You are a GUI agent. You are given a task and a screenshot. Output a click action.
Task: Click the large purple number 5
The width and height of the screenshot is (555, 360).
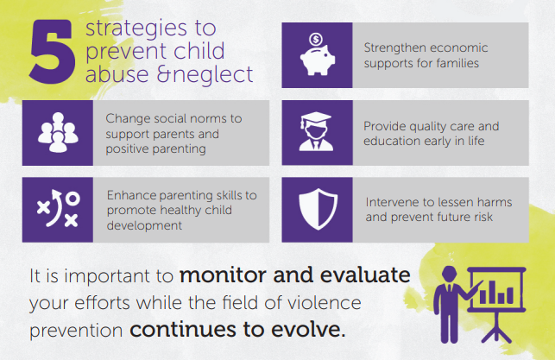53,52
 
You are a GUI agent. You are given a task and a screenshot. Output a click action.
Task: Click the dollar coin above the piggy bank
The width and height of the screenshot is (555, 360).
316,39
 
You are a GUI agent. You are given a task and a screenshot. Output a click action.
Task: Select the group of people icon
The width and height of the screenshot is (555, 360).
58,133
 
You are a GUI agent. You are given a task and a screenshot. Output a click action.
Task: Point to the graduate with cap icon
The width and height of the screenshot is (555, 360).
316,132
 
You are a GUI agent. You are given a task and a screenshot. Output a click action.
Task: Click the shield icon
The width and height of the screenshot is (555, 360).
318,209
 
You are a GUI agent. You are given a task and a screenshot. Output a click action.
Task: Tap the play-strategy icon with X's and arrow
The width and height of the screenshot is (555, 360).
58,209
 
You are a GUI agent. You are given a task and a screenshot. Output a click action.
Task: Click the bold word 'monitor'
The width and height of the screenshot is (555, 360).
223,275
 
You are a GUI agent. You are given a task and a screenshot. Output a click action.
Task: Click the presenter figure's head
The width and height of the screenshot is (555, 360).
450,275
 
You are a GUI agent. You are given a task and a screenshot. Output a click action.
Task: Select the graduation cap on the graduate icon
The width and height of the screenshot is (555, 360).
315,118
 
